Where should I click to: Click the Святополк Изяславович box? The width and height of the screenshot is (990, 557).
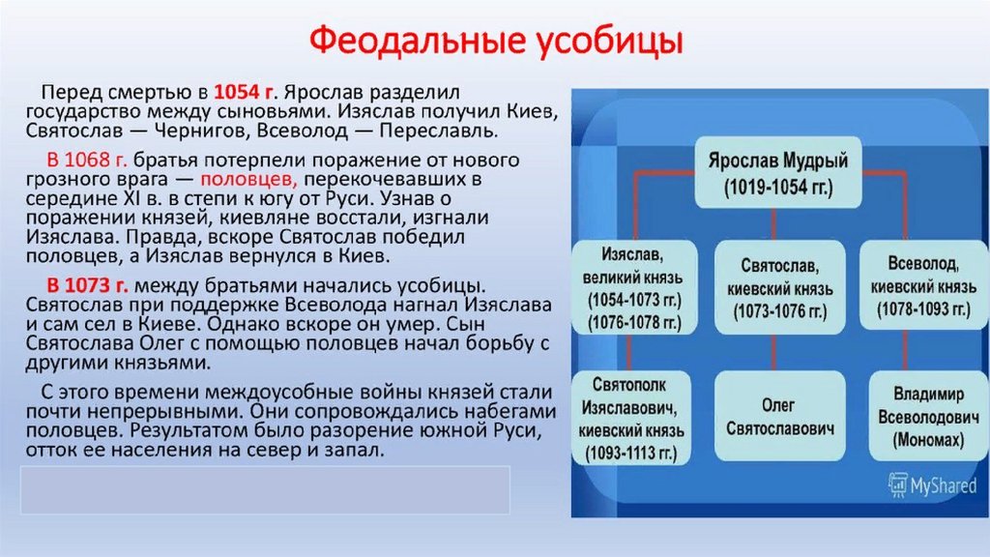(x=630, y=415)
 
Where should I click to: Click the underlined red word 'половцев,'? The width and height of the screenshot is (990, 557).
(x=247, y=180)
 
